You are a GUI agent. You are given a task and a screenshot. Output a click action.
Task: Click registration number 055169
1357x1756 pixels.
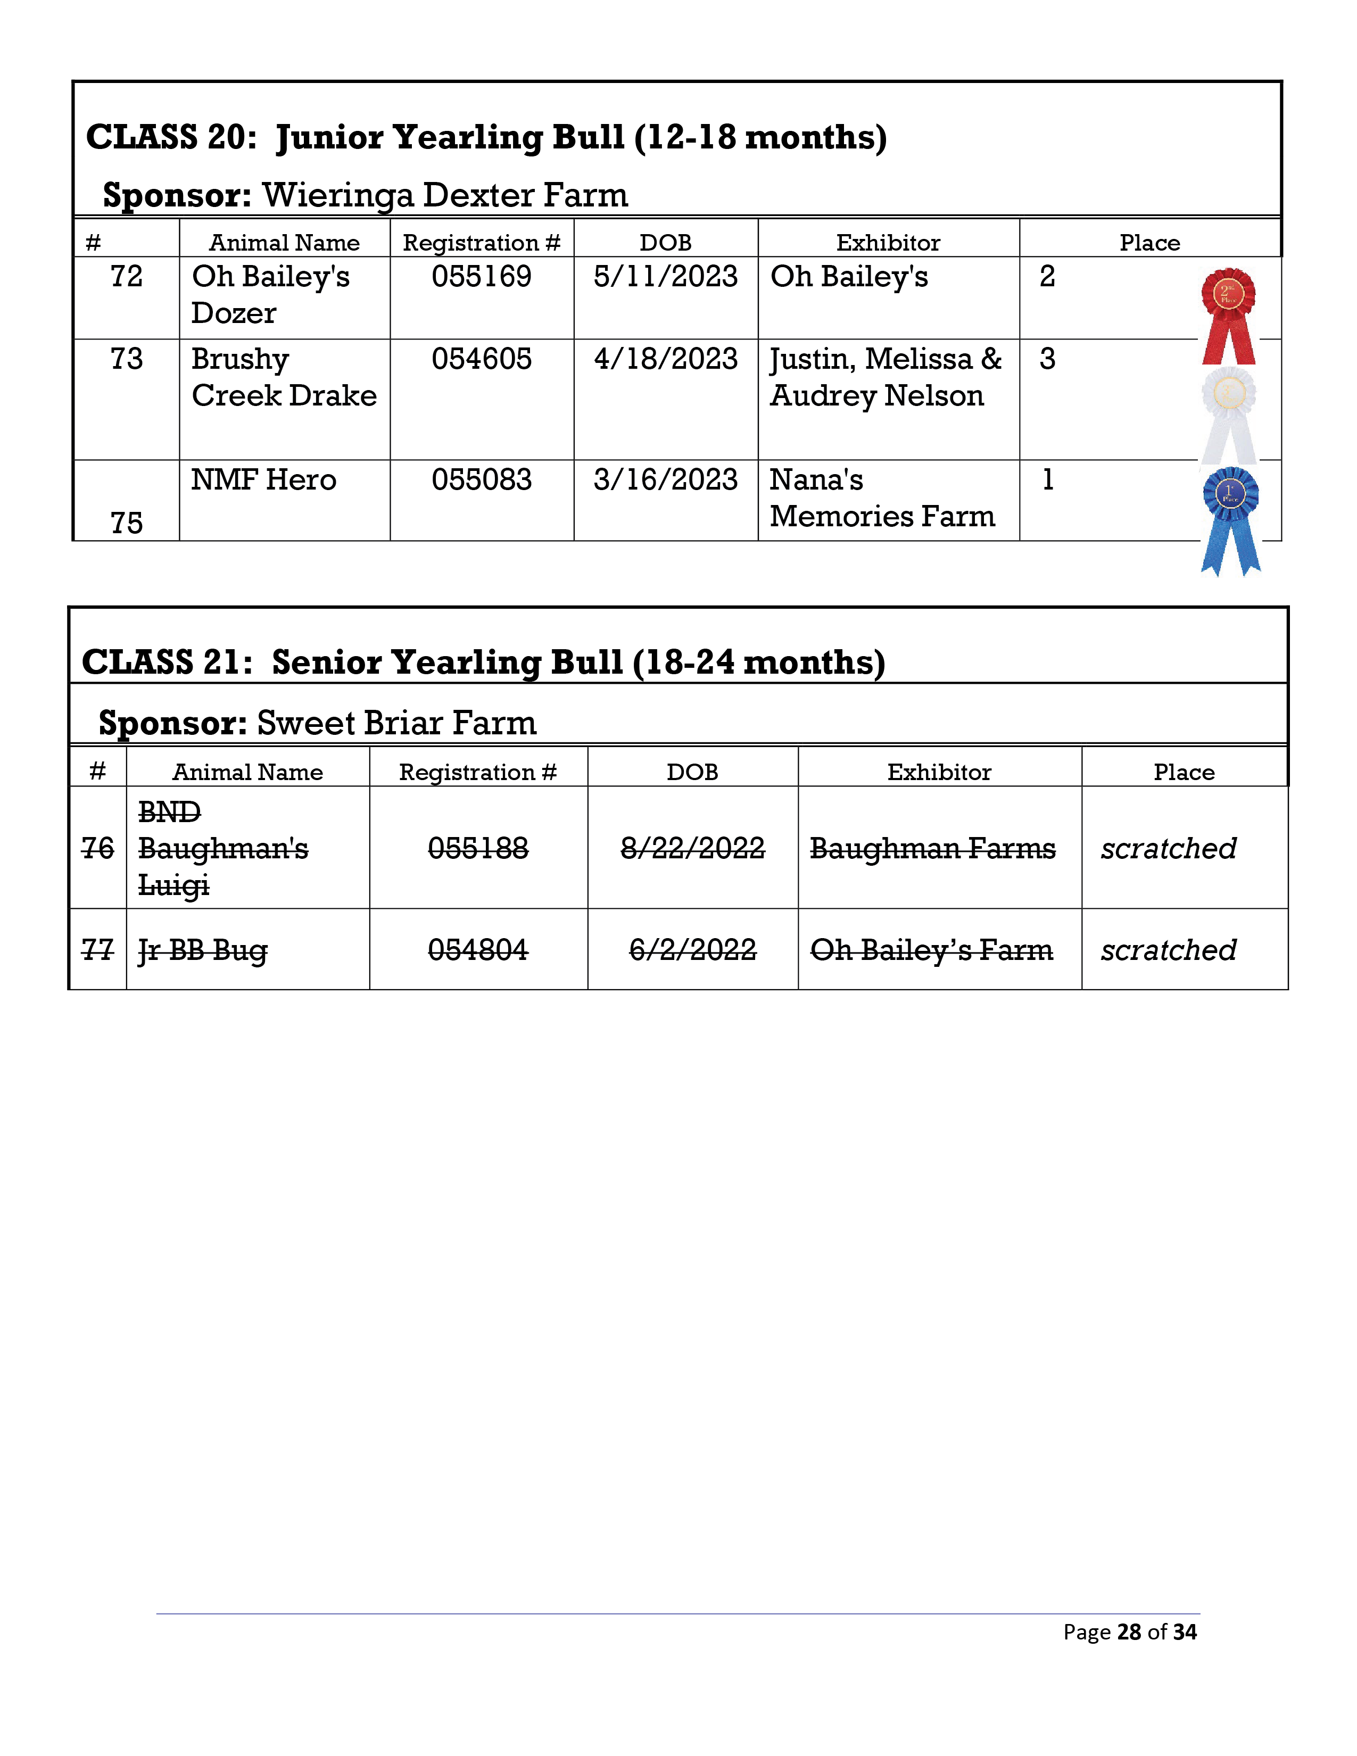click(482, 277)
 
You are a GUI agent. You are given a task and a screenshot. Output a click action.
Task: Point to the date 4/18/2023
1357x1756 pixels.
click(666, 359)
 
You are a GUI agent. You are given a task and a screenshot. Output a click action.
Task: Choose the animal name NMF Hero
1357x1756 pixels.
click(263, 480)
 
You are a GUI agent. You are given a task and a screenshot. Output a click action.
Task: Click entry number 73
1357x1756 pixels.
click(126, 359)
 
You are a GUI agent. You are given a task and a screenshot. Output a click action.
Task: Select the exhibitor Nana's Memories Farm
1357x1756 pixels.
click(882, 498)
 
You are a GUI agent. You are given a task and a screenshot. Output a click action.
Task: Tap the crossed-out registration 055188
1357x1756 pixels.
click(478, 848)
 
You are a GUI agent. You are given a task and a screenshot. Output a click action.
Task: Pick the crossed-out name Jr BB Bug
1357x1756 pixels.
click(203, 950)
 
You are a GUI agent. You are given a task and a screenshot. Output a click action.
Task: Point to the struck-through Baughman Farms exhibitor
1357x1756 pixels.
click(932, 848)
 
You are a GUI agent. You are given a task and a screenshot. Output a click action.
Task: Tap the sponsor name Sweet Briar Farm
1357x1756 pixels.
click(396, 723)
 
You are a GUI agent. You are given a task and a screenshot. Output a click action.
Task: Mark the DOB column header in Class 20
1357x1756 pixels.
click(666, 243)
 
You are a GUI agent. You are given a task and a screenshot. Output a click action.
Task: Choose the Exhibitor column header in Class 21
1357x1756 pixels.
click(939, 772)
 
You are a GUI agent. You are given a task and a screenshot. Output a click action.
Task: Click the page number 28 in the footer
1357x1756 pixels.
click(1129, 1631)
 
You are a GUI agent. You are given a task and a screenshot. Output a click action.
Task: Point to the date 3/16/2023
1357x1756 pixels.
click(666, 480)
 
